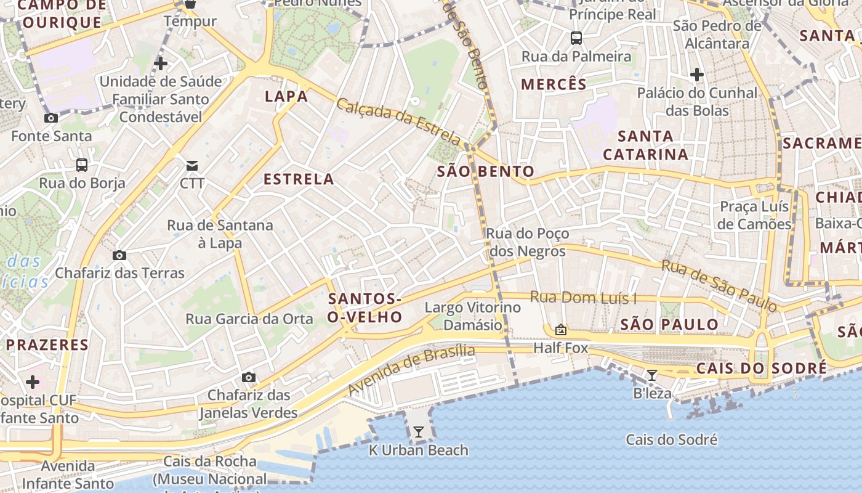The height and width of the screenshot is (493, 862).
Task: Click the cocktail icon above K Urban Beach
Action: (x=419, y=432)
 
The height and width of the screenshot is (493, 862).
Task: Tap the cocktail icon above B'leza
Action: (x=652, y=375)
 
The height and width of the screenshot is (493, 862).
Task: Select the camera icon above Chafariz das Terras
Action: (x=119, y=255)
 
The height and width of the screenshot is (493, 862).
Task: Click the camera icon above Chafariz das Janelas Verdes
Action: (x=249, y=377)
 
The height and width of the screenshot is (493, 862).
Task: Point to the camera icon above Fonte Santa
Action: (x=51, y=118)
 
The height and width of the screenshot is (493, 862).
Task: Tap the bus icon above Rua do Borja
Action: (x=82, y=165)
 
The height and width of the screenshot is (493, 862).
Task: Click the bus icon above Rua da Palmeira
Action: (x=576, y=38)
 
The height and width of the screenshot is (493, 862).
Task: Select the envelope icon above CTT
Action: (x=193, y=165)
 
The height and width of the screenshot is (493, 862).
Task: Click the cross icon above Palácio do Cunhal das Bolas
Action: (x=697, y=75)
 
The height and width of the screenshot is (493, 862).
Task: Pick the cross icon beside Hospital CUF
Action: (x=33, y=382)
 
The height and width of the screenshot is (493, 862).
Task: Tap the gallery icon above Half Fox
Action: (x=560, y=330)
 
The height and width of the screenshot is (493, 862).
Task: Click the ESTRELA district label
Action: (x=299, y=179)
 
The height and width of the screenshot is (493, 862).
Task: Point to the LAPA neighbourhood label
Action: (x=286, y=96)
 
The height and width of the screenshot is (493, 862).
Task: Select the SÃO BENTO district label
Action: (x=486, y=171)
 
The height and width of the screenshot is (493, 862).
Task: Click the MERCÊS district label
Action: (x=554, y=84)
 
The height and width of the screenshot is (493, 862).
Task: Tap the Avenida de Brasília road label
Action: (x=411, y=370)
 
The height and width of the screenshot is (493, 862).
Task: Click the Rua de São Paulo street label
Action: (x=719, y=285)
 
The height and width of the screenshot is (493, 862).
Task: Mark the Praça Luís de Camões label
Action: (x=754, y=215)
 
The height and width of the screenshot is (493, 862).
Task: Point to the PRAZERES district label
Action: (x=47, y=344)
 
